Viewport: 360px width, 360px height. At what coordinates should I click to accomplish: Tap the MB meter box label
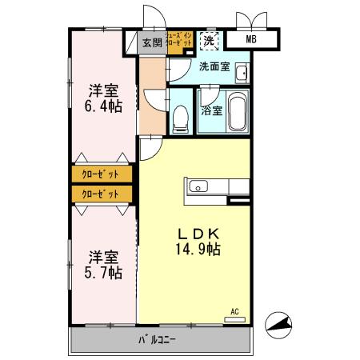coord(250,39)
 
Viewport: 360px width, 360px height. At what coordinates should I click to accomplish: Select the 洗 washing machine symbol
coord(209,40)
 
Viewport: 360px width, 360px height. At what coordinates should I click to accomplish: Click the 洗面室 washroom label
coord(214,67)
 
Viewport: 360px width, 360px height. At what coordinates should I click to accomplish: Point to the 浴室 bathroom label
coord(212,111)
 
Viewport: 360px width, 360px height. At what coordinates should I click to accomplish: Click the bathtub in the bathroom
coord(238,111)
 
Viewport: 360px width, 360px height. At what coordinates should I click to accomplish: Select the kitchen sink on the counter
coord(197,188)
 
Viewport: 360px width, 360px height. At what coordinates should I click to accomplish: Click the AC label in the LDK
coord(235,311)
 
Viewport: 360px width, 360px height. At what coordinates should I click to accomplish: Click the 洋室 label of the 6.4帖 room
coord(103,89)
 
